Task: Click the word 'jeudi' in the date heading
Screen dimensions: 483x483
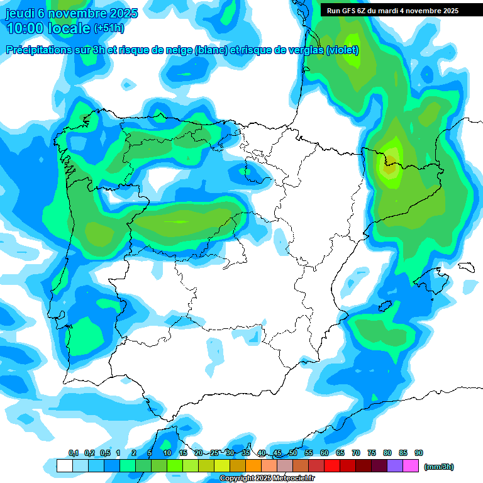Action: click(x=19, y=13)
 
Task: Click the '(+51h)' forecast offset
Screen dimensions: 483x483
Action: click(x=109, y=29)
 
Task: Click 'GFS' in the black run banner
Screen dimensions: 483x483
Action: click(x=348, y=11)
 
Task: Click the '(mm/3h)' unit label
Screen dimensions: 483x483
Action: click(x=438, y=467)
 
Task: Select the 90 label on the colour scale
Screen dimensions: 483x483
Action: click(x=419, y=453)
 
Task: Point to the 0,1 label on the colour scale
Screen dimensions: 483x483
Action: click(x=74, y=453)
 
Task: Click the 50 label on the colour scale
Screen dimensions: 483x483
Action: click(x=293, y=453)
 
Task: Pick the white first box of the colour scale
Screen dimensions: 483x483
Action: click(x=64, y=466)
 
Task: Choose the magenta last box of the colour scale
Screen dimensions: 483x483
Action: click(x=411, y=466)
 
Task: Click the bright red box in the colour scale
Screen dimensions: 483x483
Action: click(x=332, y=466)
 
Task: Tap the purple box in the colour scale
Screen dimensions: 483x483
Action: click(x=395, y=466)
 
